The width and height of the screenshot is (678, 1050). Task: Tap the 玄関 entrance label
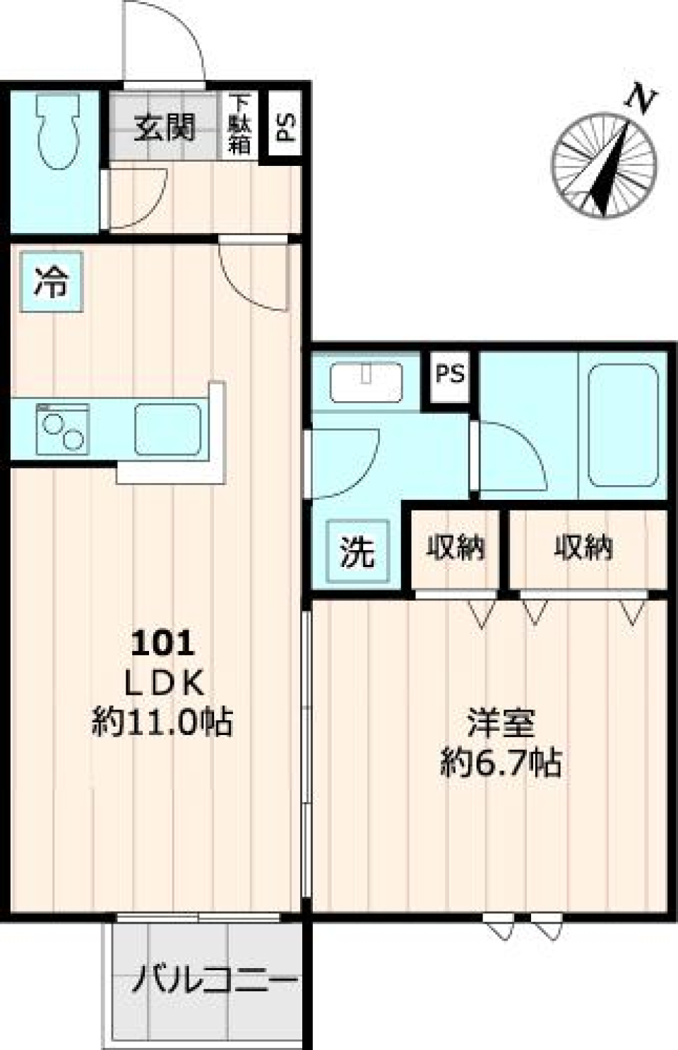pyautogui.click(x=165, y=127)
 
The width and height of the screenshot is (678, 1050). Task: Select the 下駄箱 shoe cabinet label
pyautogui.click(x=239, y=125)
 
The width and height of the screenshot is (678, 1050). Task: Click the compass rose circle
pyautogui.click(x=605, y=165)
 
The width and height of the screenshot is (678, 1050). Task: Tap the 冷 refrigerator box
pyautogui.click(x=52, y=282)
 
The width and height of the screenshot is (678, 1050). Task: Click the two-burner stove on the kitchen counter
pyautogui.click(x=62, y=429)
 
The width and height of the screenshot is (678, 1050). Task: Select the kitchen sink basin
pyautogui.click(x=167, y=429)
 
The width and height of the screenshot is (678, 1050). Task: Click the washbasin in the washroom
pyautogui.click(x=366, y=382)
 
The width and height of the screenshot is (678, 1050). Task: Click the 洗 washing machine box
pyautogui.click(x=357, y=551)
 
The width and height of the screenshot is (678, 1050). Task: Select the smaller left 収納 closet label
pyautogui.click(x=455, y=547)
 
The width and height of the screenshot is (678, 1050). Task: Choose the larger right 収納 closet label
pyautogui.click(x=583, y=547)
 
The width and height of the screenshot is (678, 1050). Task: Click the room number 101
pyautogui.click(x=162, y=643)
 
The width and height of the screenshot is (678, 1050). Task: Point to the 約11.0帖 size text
pyautogui.click(x=162, y=722)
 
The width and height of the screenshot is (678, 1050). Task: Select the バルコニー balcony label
pyautogui.click(x=215, y=981)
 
